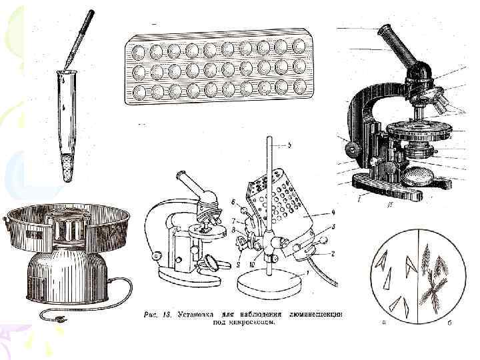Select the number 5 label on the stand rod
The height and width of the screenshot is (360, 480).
tap(290, 145)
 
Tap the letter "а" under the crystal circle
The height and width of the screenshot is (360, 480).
tap(382, 323)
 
